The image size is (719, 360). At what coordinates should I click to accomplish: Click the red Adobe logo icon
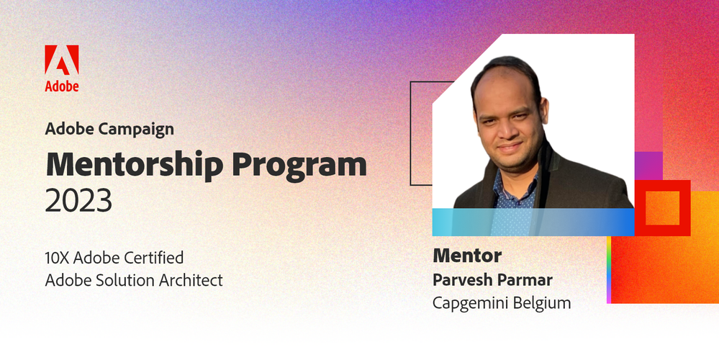tap(62, 60)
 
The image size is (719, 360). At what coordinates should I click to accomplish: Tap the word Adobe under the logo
tap(62, 86)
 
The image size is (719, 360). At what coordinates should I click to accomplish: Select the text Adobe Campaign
tap(109, 130)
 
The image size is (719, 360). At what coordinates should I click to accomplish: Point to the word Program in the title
tap(299, 166)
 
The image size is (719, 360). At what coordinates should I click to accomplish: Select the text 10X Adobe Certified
tap(114, 257)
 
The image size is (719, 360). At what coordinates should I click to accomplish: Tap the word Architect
tap(191, 280)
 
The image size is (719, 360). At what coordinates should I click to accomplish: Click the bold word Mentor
tap(467, 256)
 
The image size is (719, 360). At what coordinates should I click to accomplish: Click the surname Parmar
tap(527, 279)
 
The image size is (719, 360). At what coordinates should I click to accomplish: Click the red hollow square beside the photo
tap(662, 208)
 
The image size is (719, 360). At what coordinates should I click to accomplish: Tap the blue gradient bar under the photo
tap(533, 222)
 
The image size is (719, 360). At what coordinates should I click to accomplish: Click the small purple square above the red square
tap(648, 165)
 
